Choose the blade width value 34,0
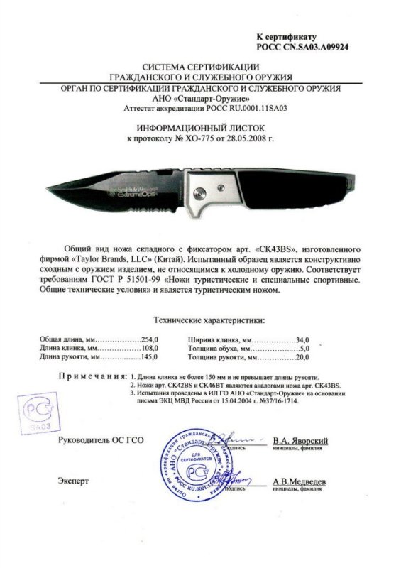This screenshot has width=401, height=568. point(306,340)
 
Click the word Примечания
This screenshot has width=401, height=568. point(88,374)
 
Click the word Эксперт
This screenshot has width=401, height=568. point(74,481)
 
